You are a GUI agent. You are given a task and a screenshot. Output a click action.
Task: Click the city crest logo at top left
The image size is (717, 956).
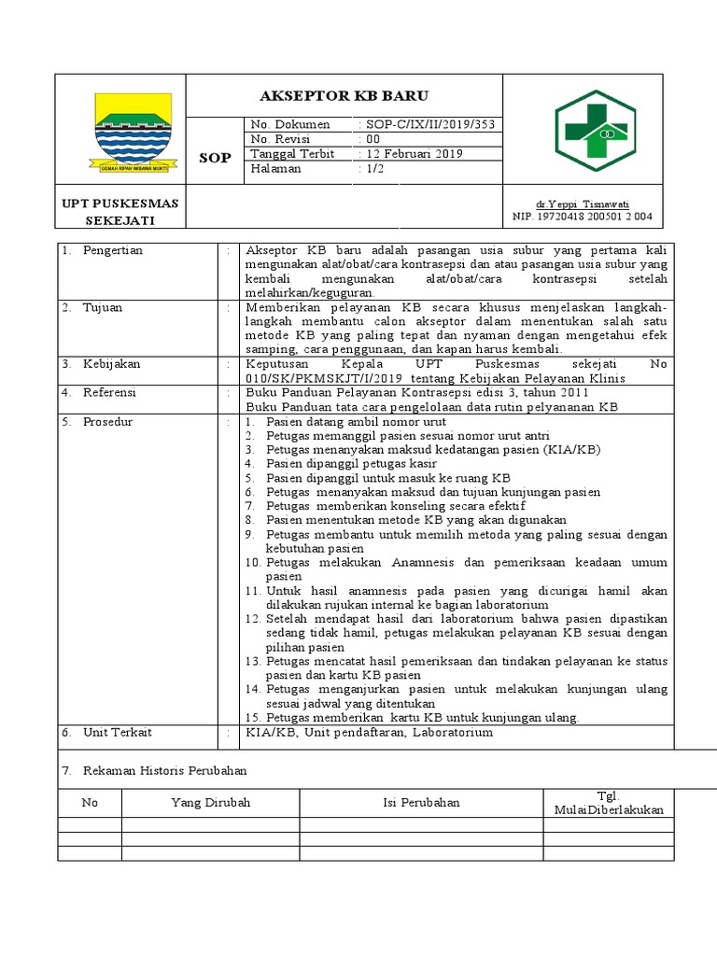point(134,132)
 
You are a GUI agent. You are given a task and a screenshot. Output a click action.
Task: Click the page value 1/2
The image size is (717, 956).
point(372,169)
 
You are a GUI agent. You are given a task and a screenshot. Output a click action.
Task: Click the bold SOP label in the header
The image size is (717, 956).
point(215,158)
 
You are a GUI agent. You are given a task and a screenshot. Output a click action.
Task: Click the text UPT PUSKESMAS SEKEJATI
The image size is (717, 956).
point(121,211)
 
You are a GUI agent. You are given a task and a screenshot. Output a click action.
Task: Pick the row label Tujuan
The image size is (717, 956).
point(103,307)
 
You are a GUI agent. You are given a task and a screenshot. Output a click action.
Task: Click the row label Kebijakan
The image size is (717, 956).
point(109,364)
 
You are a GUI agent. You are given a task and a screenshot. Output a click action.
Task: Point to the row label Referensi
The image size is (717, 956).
point(109,393)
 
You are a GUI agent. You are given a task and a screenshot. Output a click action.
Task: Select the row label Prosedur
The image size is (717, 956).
point(107,422)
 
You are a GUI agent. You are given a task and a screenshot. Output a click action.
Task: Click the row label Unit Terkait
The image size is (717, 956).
point(117,733)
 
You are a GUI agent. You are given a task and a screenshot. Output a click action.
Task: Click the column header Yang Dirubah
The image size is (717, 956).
point(210,803)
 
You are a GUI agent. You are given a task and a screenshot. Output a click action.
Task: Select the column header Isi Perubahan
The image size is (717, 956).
point(421,803)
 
